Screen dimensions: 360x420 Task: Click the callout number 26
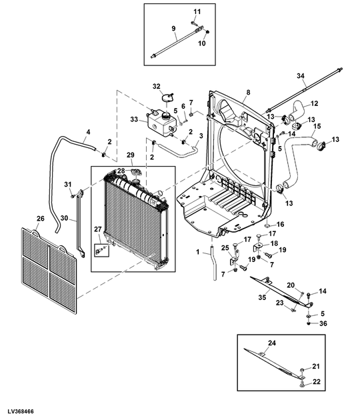pyautogui.click(x=40, y=219)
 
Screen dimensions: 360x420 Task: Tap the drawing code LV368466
pyautogui.click(x=21, y=411)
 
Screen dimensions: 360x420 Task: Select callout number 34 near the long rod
pyautogui.click(x=301, y=76)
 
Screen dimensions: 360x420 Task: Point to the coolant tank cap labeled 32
pyautogui.click(x=168, y=97)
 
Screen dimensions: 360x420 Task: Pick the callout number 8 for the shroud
pyautogui.click(x=248, y=93)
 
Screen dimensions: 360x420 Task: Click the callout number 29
pyautogui.click(x=131, y=155)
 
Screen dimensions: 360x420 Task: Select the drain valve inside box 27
pyautogui.click(x=99, y=251)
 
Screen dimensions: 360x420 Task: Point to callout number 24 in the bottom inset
pyautogui.click(x=272, y=343)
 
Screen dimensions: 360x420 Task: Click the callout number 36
pyautogui.click(x=323, y=323)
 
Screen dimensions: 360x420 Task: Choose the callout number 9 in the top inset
pyautogui.click(x=173, y=29)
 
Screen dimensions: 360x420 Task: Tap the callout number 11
pyautogui.click(x=197, y=12)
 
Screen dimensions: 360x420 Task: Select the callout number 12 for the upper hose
pyautogui.click(x=314, y=103)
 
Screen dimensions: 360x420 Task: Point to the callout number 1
pyautogui.click(x=198, y=252)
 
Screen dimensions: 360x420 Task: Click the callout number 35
pyautogui.click(x=262, y=297)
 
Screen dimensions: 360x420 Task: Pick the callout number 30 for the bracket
pyautogui.click(x=64, y=218)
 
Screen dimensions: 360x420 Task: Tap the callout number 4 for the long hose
pyautogui.click(x=88, y=132)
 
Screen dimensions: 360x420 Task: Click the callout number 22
pyautogui.click(x=317, y=382)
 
